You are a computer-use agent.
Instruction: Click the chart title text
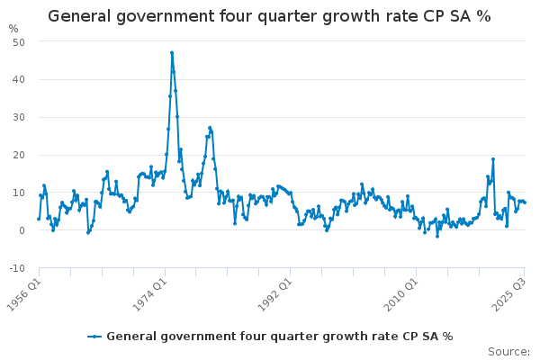point(269,16)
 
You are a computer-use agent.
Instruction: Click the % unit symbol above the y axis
point(13,29)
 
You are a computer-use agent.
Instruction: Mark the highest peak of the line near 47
point(171,52)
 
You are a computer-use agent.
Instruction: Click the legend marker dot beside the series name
point(94,337)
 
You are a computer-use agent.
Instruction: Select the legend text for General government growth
point(279,337)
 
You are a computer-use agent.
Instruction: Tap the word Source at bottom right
point(508,352)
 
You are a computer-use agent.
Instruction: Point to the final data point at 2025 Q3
point(525,202)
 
